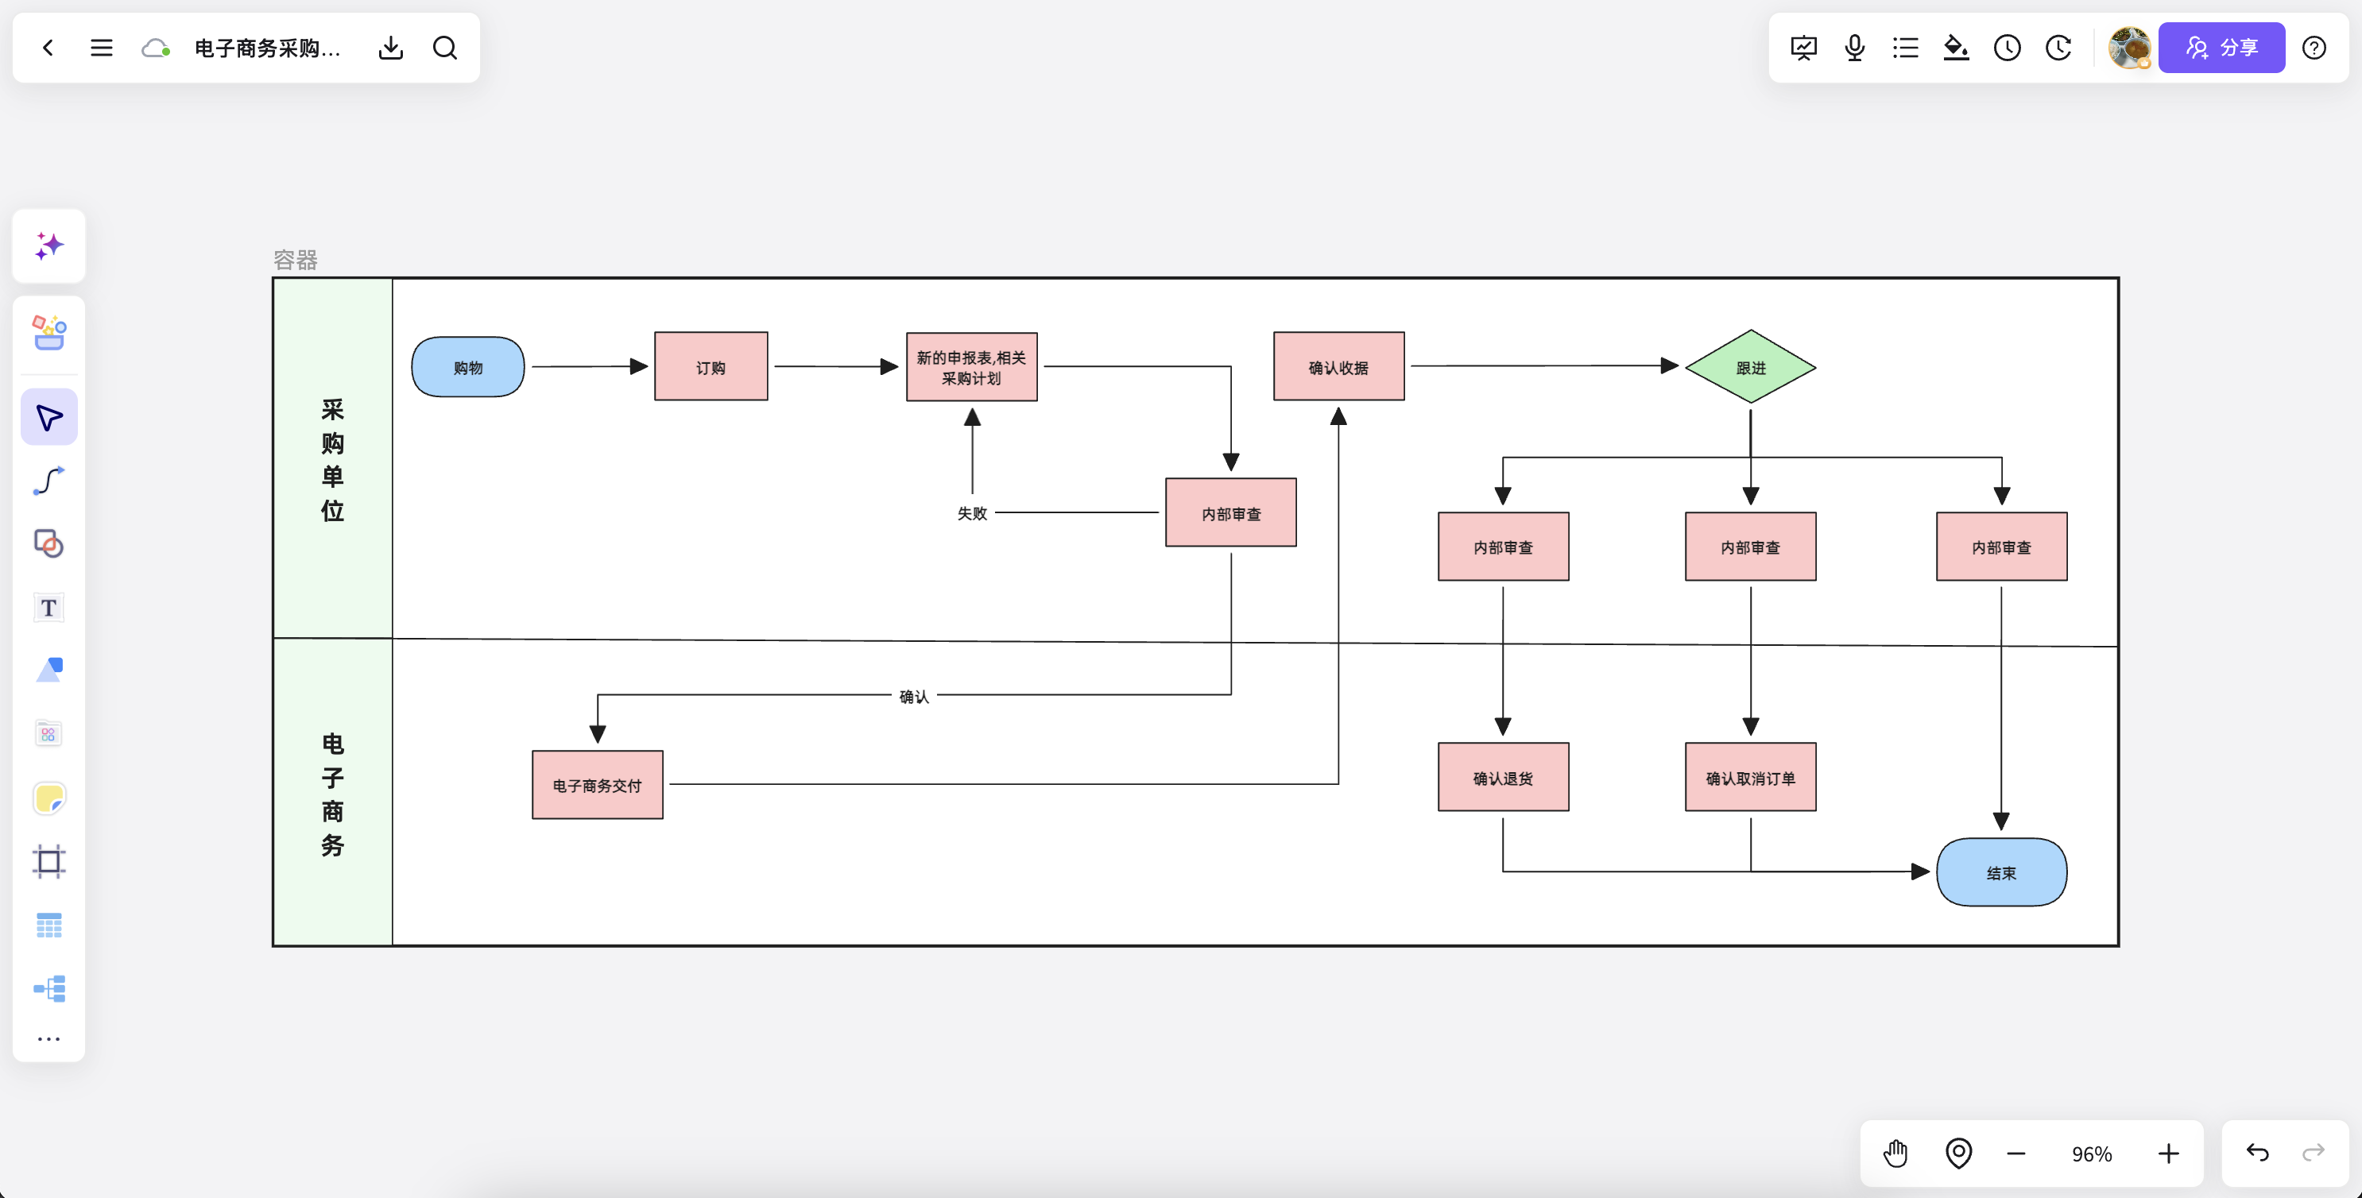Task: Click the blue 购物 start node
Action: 467,367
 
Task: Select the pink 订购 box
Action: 711,367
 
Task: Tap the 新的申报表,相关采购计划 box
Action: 972,367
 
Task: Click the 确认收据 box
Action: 1338,367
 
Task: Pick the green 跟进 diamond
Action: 1750,367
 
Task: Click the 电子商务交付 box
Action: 597,785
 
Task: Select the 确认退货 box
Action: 1504,777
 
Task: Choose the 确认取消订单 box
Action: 1750,777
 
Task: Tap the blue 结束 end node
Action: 2002,872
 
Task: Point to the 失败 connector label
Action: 972,513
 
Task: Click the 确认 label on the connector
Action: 914,697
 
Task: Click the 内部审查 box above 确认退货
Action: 1504,547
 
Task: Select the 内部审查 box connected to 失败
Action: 1230,512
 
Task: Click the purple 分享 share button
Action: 2221,48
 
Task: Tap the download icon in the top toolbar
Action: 390,48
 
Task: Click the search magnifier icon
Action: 445,48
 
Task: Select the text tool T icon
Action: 48,608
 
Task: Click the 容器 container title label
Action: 296,261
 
